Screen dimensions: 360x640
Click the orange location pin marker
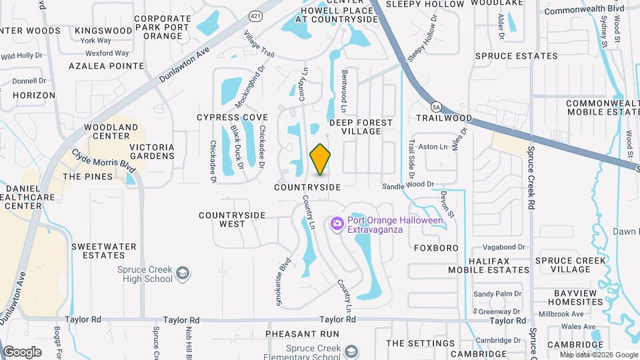[321, 159]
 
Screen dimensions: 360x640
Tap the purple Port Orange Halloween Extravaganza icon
[337, 225]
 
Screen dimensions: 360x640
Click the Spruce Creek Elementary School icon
[351, 351]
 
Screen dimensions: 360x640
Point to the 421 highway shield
[255, 15]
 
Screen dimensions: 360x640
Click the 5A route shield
[436, 107]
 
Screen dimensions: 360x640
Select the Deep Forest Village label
[361, 127]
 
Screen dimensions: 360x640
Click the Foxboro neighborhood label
[436, 248]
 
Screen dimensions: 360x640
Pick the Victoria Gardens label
[152, 151]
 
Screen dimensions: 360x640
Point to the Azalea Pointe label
[107, 66]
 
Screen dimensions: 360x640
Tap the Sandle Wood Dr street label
[408, 184]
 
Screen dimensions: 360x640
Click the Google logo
[22, 352]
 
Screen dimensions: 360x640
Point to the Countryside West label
[232, 219]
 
